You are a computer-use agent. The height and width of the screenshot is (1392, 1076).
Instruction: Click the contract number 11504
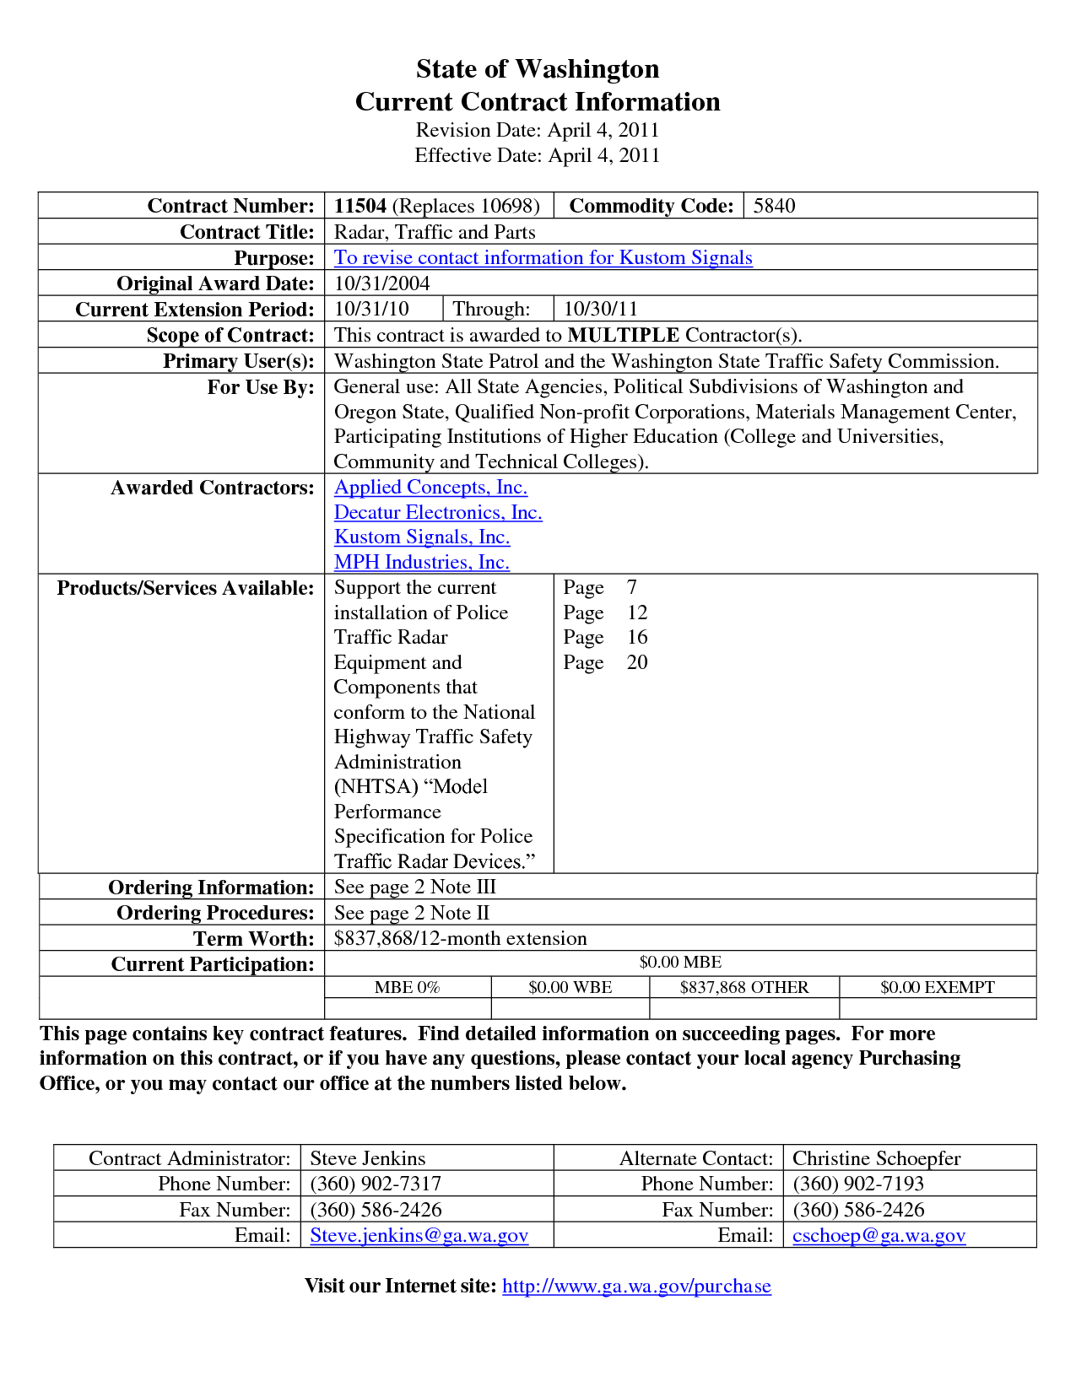360,206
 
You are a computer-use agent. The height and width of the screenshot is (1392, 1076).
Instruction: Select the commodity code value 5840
774,206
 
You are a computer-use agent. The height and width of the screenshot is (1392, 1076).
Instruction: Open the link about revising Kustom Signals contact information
543,257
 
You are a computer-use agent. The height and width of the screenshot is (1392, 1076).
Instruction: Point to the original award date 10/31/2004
381,283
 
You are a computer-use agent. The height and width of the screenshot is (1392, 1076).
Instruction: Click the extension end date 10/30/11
601,309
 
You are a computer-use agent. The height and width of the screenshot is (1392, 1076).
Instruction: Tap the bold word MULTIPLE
624,335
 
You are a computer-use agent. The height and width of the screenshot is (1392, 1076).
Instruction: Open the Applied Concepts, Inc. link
430,487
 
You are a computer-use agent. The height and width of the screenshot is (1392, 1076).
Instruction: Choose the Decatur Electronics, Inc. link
438,512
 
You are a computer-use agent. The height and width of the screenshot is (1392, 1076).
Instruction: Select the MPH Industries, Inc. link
421,562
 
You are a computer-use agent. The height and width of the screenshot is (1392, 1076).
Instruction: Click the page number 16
637,637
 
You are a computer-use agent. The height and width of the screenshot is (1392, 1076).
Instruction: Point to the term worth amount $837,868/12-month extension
460,938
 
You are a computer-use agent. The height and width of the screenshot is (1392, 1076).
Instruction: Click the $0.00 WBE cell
570,987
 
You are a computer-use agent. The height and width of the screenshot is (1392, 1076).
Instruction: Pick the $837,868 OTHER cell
743,987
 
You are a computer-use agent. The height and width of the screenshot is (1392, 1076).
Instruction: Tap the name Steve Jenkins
367,1158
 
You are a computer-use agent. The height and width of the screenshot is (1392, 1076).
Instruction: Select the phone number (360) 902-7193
858,1184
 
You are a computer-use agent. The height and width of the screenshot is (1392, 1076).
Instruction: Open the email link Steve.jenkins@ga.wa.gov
419,1235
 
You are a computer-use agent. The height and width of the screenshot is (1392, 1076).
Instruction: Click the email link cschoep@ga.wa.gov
879,1235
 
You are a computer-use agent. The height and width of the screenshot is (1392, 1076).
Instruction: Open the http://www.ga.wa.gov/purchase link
636,1286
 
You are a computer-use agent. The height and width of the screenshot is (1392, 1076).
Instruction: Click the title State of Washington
538,68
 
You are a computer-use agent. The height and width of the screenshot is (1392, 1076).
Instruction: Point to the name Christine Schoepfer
876,1158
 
